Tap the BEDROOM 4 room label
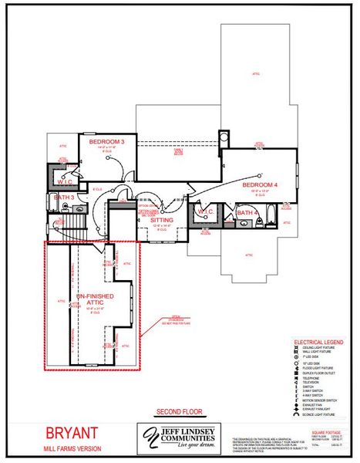[259, 185]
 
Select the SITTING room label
[162, 220]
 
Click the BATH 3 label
[64, 198]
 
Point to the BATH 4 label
[247, 212]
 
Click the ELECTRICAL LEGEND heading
[318, 342]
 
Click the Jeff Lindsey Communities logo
[180, 438]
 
